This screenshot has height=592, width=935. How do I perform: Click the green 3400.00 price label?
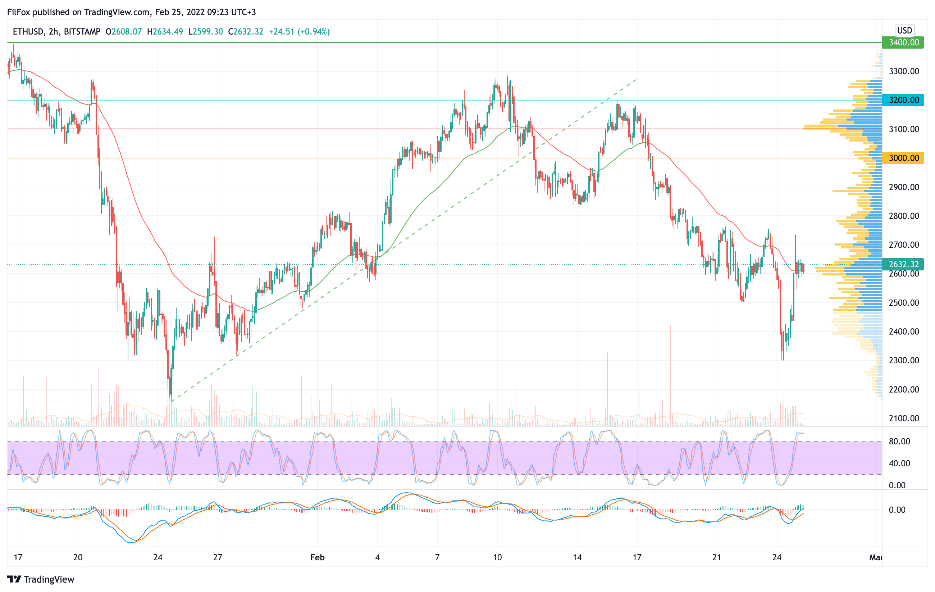903,42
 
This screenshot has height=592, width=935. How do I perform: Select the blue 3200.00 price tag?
903,100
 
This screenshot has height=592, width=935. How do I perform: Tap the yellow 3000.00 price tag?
903,158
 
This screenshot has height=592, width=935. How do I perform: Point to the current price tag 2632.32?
903,264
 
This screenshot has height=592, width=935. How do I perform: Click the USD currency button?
904,30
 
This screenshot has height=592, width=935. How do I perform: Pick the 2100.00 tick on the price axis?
904,418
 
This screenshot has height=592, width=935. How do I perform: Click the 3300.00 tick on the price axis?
904,71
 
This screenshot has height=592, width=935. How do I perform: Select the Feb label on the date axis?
317,557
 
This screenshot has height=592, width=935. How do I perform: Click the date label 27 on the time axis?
218,557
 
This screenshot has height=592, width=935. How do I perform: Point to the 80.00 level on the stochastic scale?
899,441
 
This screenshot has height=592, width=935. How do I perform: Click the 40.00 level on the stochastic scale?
899,463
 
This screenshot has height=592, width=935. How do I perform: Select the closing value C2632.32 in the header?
245,31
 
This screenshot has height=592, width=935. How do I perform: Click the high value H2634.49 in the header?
165,31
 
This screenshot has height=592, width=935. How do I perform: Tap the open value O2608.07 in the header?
123,31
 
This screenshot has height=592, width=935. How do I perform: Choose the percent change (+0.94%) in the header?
314,31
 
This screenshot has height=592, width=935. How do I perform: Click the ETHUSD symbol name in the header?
28,31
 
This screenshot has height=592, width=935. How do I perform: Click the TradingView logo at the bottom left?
41,579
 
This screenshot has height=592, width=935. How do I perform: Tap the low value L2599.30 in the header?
205,31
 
